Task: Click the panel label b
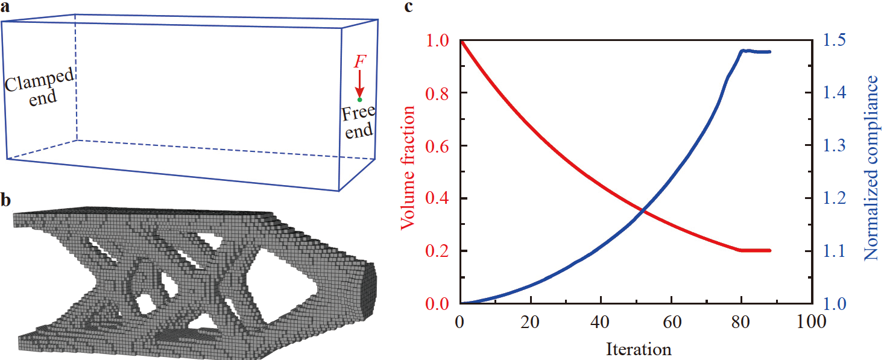[x=5, y=200]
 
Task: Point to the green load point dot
[x=359, y=99]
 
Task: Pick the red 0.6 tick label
[x=438, y=146]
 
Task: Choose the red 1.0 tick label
[x=438, y=40]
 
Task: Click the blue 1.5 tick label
[x=835, y=40]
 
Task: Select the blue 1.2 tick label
[x=835, y=198]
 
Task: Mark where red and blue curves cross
[x=643, y=210]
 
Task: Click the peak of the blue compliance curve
[x=743, y=51]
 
